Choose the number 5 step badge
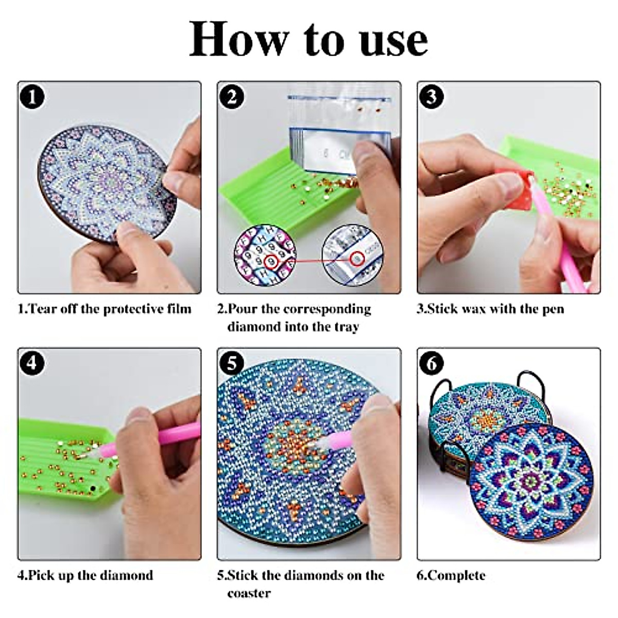click(x=232, y=364)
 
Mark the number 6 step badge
click(x=432, y=364)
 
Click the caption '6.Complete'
click(x=451, y=575)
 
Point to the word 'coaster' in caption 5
click(x=249, y=593)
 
